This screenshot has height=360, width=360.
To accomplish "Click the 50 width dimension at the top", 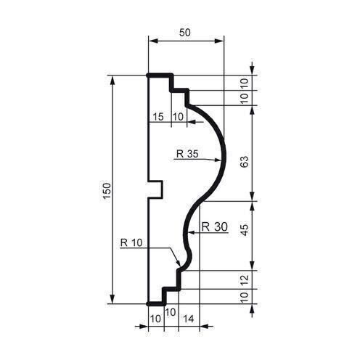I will [x=186, y=34].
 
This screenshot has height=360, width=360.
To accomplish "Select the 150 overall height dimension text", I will [x=106, y=190].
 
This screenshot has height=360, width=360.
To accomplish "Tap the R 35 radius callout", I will [x=187, y=154].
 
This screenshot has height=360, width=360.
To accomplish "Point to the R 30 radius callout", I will [x=215, y=226].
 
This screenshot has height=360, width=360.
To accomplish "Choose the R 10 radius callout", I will [x=131, y=242].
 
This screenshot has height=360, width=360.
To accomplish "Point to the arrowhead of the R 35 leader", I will [x=220, y=160].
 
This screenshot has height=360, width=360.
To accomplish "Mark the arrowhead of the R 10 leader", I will [x=179, y=263].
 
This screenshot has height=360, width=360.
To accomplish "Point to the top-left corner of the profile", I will [x=149, y=75].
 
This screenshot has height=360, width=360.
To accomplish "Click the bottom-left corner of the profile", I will [x=149, y=303].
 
